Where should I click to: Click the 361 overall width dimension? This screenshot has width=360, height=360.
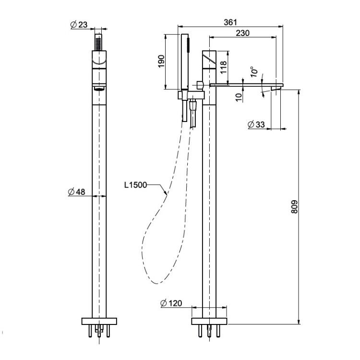[x=230, y=22]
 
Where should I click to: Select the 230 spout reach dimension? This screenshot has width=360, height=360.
[x=243, y=33]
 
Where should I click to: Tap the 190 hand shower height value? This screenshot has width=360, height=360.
[x=161, y=61]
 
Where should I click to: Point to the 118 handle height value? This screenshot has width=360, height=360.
[x=223, y=67]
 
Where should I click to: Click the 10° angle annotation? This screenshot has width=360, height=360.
[x=254, y=72]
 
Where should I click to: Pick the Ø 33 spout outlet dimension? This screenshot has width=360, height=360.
[x=256, y=124]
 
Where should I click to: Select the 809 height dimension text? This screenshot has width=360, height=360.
[x=294, y=207]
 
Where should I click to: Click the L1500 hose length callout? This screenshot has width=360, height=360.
[x=135, y=185]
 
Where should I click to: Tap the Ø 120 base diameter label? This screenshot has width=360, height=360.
[x=171, y=303]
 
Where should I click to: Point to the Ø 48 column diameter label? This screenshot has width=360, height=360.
[x=77, y=192]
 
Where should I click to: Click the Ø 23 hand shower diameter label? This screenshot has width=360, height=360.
[x=79, y=24]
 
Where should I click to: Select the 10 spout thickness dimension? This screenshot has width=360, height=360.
[x=239, y=97]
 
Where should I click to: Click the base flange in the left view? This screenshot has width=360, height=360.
[x=99, y=321]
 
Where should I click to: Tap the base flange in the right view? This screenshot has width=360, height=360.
[x=209, y=321]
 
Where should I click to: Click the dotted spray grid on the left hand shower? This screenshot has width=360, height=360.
[x=98, y=44]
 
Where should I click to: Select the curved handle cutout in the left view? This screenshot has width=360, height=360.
[x=99, y=63]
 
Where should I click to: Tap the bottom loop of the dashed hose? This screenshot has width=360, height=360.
[x=156, y=283]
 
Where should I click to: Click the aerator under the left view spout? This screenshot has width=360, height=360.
[x=99, y=89]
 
